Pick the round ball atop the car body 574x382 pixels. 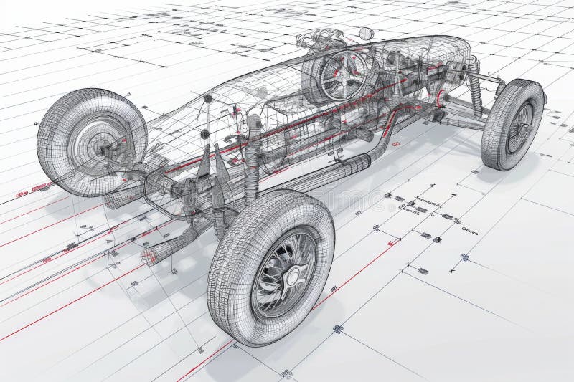coord(366,33)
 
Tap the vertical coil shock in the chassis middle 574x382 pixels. coord(252,168)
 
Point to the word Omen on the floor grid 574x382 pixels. coord(469,231)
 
